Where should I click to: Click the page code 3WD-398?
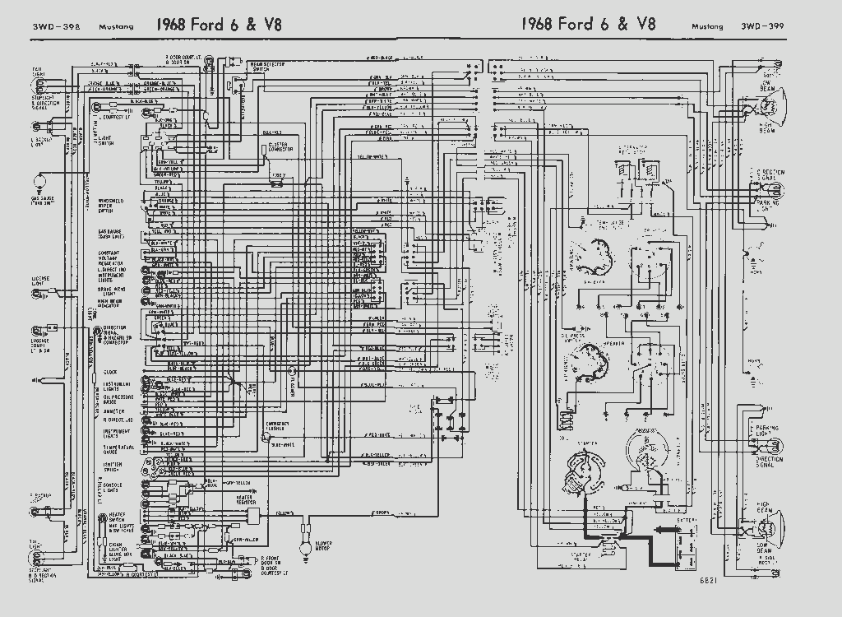coord(50,26)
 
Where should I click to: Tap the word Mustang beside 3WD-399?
coord(706,26)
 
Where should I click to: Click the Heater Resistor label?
coord(246,499)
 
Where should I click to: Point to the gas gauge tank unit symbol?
coord(38,179)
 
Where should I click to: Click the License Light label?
coord(40,281)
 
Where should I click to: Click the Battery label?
coord(687,520)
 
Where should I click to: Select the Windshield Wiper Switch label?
coord(112,205)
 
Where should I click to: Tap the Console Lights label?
coord(109,488)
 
